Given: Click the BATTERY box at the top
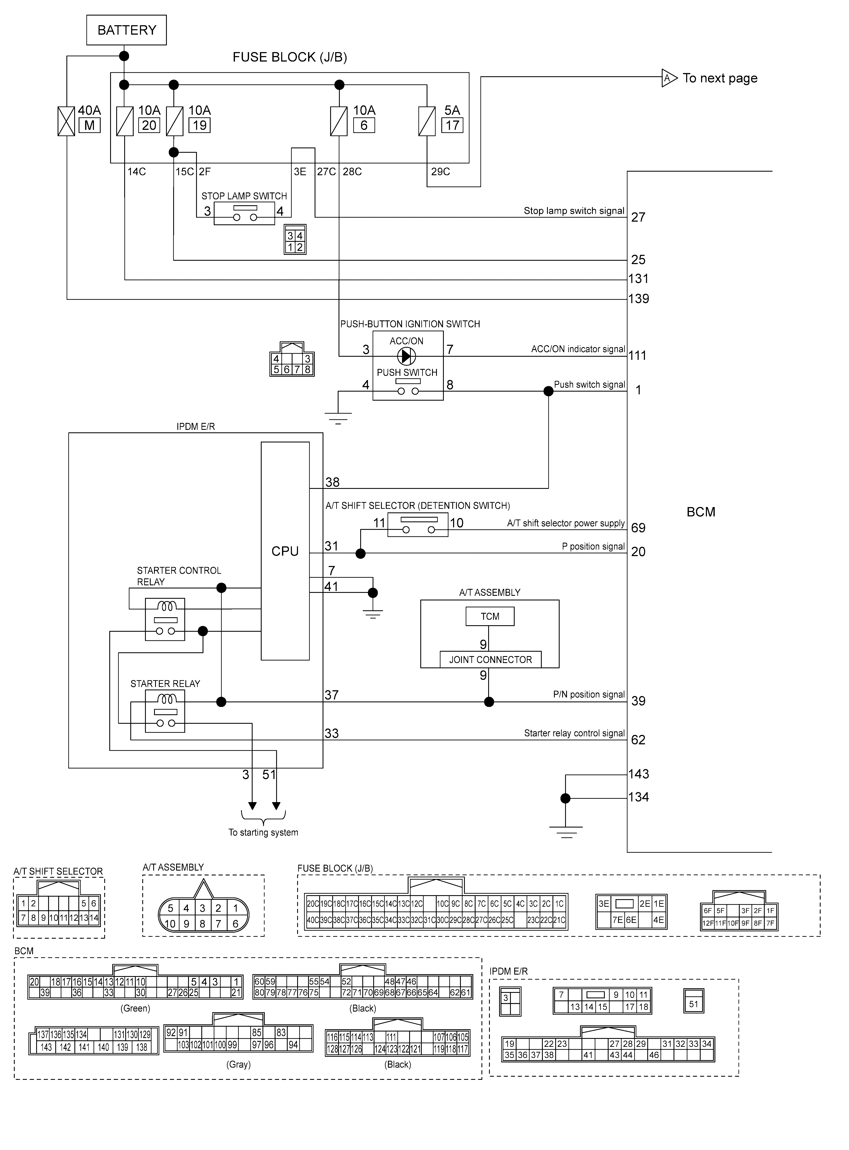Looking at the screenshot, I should [127, 30].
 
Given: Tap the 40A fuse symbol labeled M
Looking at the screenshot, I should [66, 121].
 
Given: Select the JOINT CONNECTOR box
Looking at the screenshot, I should [490, 659].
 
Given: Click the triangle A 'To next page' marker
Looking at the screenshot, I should [669, 78].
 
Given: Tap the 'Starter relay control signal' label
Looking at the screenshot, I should [574, 733].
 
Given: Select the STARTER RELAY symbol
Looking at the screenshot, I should [165, 711].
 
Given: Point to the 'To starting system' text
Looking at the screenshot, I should [263, 832].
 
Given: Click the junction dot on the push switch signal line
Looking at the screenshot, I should [548, 391].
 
